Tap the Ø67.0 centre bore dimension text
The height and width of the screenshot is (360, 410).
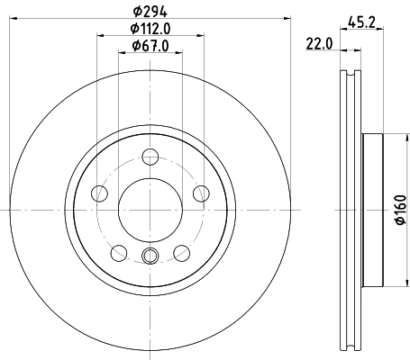150,45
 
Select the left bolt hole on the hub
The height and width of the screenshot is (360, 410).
102,193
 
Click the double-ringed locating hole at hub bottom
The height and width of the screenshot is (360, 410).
150,256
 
